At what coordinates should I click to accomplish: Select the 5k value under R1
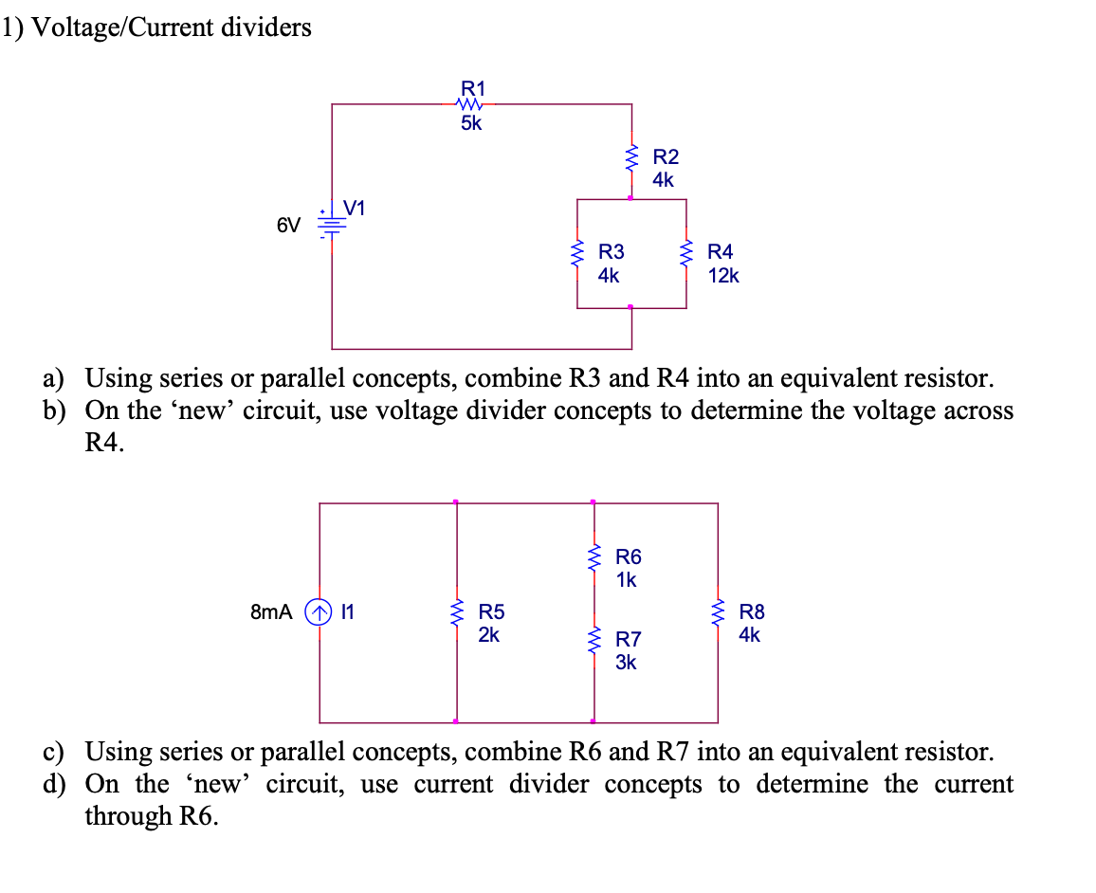[471, 124]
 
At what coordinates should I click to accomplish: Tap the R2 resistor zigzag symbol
[631, 160]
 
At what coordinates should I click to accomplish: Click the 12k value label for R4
[722, 276]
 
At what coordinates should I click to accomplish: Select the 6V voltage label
[288, 226]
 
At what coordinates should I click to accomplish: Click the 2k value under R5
[488, 635]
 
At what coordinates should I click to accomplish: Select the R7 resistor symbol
[594, 642]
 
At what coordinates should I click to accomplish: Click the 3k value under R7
[626, 663]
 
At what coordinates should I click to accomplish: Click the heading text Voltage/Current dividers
[171, 28]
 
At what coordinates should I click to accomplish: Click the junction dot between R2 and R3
[631, 198]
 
